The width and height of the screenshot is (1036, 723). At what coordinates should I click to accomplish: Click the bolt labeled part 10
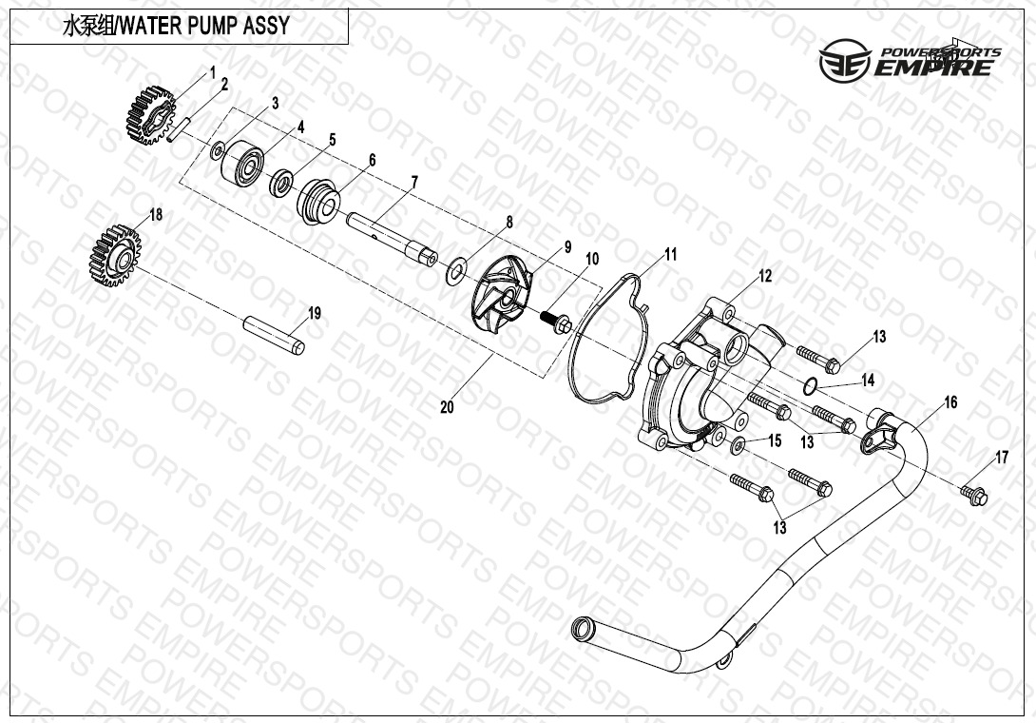click(556, 322)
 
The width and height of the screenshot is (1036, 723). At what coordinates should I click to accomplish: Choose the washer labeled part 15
click(739, 444)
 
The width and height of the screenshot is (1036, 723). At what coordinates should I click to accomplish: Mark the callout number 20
click(448, 406)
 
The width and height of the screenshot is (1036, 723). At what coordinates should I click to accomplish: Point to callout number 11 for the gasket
click(671, 254)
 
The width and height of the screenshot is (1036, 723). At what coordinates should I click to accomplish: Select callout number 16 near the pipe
click(950, 401)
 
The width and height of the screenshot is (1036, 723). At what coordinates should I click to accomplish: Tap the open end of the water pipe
click(582, 626)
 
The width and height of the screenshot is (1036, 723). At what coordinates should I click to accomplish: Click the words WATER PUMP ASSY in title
click(205, 26)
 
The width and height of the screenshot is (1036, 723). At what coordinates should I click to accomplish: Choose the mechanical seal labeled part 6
click(318, 201)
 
